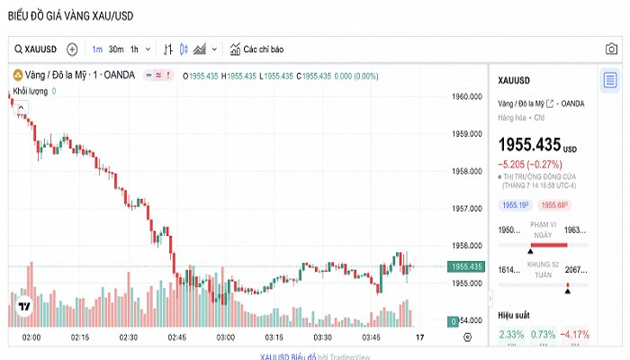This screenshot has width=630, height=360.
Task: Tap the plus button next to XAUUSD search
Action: click(x=72, y=49)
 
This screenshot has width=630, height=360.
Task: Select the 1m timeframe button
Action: click(x=97, y=49)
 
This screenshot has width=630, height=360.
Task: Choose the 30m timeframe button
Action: click(x=115, y=49)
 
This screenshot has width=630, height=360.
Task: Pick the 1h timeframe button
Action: click(x=134, y=49)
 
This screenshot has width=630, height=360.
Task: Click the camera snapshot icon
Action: click(x=611, y=49)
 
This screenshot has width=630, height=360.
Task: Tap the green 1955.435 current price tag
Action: click(x=468, y=266)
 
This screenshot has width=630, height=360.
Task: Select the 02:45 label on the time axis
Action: click(x=176, y=337)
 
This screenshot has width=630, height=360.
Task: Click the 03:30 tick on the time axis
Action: click(x=322, y=337)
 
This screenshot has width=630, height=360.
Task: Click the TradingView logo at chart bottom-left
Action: click(x=26, y=306)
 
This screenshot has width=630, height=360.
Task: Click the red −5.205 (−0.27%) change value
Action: click(x=530, y=164)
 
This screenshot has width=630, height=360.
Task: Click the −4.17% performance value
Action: click(x=574, y=335)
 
